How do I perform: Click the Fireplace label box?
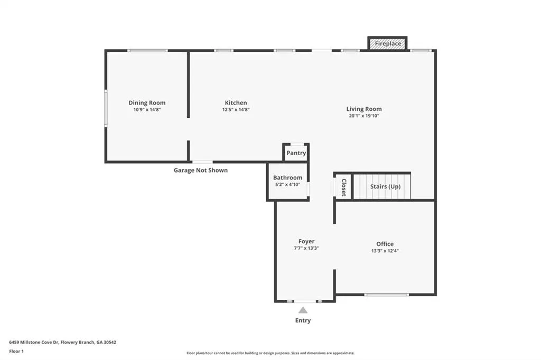point(388,44)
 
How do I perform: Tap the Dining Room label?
point(147,103)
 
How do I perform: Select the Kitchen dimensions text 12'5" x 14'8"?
point(236,110)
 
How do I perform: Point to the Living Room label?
point(364,109)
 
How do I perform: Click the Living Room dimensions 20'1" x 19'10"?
point(364,116)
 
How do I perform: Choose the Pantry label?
point(296,153)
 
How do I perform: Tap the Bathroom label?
point(288,177)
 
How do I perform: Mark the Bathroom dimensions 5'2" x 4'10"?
point(288,184)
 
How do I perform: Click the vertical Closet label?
point(343,187)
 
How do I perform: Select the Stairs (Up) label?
point(385,186)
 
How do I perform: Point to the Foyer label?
point(306,241)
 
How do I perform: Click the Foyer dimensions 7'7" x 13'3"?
point(306,248)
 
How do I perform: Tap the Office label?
point(385,244)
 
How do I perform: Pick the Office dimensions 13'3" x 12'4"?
point(385,251)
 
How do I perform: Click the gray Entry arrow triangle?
point(303,310)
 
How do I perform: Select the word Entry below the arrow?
point(303,320)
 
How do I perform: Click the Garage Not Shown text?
point(201,170)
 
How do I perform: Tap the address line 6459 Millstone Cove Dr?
point(62,343)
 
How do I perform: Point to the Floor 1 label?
point(16,352)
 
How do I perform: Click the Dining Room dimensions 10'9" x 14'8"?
point(147,110)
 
